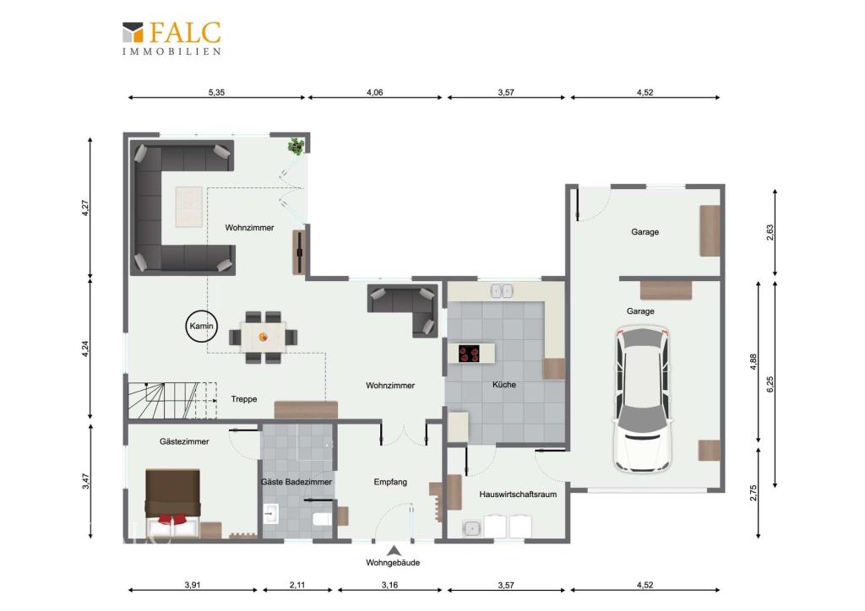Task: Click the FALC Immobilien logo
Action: pos(171,38)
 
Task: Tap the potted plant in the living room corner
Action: pos(296,146)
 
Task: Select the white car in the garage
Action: pos(643,400)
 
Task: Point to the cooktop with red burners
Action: pos(469,353)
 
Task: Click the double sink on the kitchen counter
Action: pos(502,290)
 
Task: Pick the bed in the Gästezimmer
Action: pos(172,502)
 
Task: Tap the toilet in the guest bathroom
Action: pos(322,518)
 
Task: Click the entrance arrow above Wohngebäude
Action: pos(394,550)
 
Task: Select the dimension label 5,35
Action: pos(216,93)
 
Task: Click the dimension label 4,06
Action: pos(374,93)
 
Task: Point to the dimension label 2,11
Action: pos(297,585)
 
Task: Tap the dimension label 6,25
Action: pos(770,384)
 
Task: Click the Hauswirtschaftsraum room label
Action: pos(518,495)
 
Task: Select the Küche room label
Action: pos(504,385)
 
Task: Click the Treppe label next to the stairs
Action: pos(244,399)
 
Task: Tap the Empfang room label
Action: pos(390,482)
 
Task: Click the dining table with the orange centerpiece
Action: pos(264,337)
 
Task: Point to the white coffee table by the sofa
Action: pos(189,207)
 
